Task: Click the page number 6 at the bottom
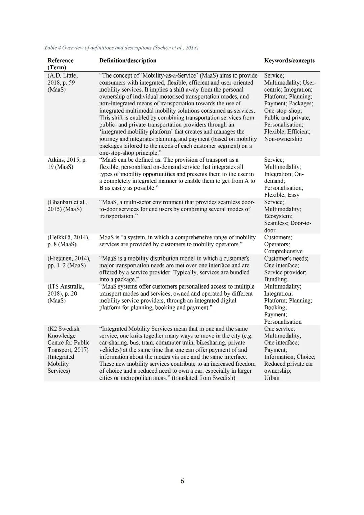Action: pos(182,481)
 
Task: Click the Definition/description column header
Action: pos(128,61)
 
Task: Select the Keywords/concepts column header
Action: pos(289,61)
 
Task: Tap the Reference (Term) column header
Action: pos(60,64)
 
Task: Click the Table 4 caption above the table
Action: pos(121,48)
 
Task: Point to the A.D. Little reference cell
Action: pos(62,83)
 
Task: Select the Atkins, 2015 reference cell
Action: pos(67,163)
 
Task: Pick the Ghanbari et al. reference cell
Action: pos(67,206)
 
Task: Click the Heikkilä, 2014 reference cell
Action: pos(68,241)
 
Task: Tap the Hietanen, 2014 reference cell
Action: pos(69,262)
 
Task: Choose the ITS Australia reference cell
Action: pos(66,294)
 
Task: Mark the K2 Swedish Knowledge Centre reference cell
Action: pos(68,350)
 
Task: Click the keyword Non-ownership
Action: pos(283,139)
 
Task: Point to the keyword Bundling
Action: pos(275,279)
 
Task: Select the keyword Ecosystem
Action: pos(278,216)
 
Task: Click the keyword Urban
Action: pos(272,378)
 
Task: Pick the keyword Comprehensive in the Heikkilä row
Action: pos(283,251)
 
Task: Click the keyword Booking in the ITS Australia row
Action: pos(275,307)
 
